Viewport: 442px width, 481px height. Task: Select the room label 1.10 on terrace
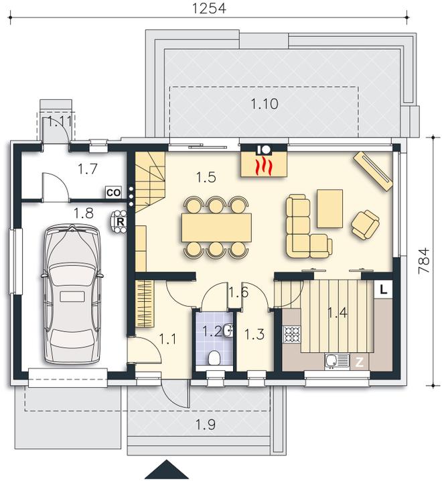(265, 104)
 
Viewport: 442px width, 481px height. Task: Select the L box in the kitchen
(383, 289)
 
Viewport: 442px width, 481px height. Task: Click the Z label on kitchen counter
(360, 362)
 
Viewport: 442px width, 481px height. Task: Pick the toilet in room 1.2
(214, 358)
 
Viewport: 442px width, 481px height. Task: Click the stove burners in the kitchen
(292, 333)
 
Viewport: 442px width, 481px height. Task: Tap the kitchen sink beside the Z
(334, 362)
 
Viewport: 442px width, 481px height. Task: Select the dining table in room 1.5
(216, 226)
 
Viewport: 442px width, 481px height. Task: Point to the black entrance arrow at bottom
(163, 470)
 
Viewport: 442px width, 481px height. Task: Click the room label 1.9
(206, 424)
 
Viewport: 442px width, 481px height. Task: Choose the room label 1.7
(88, 169)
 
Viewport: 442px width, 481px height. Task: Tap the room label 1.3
(255, 334)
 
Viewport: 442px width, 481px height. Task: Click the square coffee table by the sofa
(330, 208)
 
